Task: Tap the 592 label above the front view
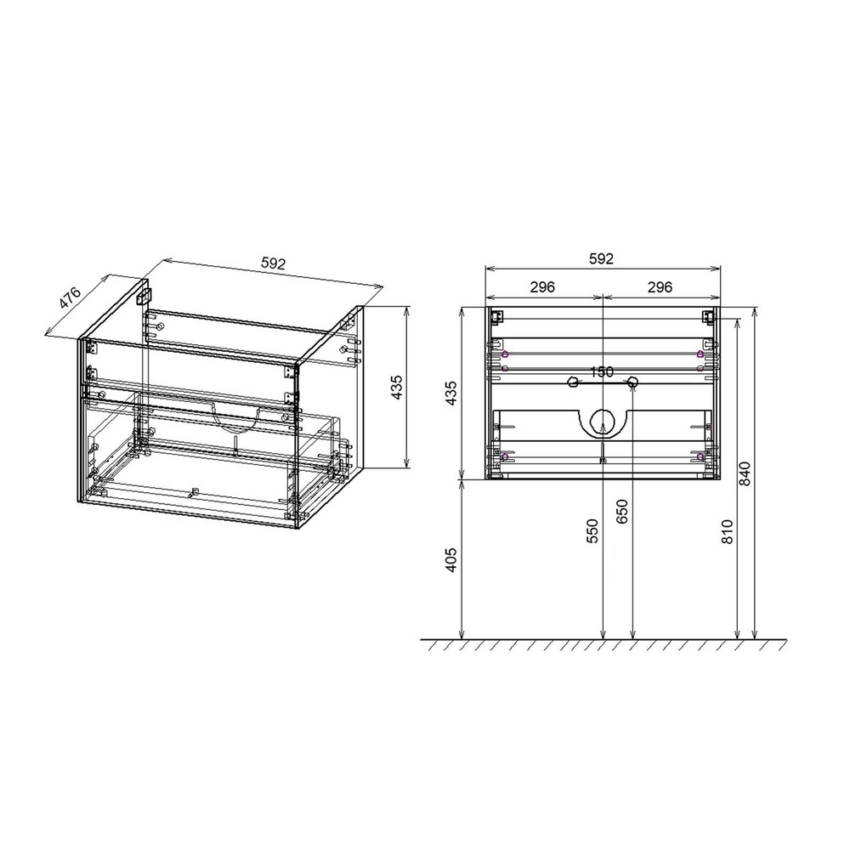601,259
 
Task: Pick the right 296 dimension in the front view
660,287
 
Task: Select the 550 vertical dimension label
592,530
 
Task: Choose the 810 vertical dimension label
727,530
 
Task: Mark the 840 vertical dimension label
745,473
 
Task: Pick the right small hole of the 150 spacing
632,383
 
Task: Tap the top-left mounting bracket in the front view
496,317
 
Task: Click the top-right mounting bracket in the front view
707,317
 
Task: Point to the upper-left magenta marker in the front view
505,354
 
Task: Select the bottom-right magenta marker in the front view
700,457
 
